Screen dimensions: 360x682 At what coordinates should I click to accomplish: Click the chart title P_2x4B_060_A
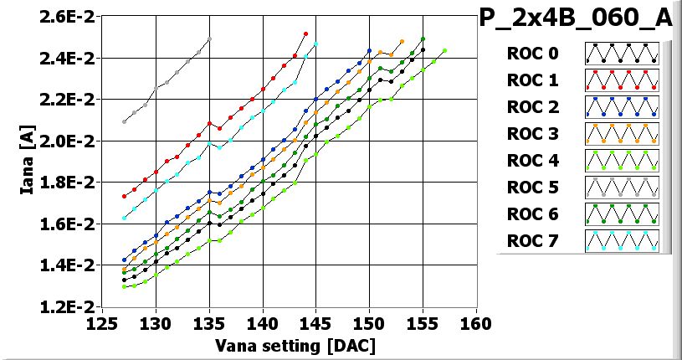pyautogui.click(x=577, y=19)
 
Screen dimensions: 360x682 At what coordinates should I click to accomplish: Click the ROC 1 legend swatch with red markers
pyautogui.click(x=621, y=80)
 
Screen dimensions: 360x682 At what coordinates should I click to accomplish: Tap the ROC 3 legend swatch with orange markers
pyautogui.click(x=621, y=134)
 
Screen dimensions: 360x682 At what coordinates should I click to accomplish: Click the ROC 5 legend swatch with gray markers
pyautogui.click(x=621, y=188)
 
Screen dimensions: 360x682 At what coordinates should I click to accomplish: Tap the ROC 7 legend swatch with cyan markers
pyautogui.click(x=621, y=241)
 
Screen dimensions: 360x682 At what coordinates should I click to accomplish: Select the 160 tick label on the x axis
pyautogui.click(x=475, y=324)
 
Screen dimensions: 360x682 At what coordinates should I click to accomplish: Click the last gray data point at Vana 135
pyautogui.click(x=209, y=39)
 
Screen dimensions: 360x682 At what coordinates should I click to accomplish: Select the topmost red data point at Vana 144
pyautogui.click(x=305, y=33)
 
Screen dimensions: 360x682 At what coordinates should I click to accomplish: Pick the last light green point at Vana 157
pyautogui.click(x=444, y=50)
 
